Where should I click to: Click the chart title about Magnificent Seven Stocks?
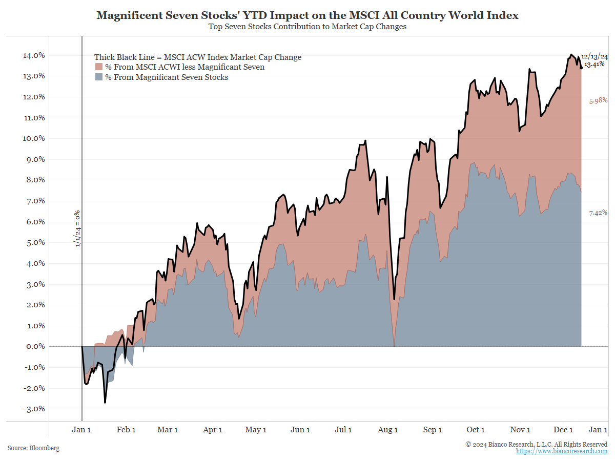coord(307,15)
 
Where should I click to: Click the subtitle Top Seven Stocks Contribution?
coord(307,27)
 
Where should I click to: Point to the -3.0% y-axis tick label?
coord(33,409)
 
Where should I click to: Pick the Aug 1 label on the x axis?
coord(388,430)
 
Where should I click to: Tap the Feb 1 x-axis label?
coord(126,430)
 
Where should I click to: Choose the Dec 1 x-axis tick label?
coord(564,430)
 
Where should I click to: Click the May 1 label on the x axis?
coord(256,430)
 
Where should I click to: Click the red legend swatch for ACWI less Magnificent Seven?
coord(99,67)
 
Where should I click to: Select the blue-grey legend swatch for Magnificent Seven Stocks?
coord(99,77)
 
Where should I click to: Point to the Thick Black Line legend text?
coord(198,57)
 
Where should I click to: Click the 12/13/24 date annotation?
coord(594,56)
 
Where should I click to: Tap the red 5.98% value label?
coord(598,101)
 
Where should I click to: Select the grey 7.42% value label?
coord(598,213)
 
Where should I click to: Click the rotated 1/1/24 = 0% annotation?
coord(78,228)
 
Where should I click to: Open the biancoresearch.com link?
coord(561,451)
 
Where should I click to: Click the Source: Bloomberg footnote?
coord(33,448)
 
